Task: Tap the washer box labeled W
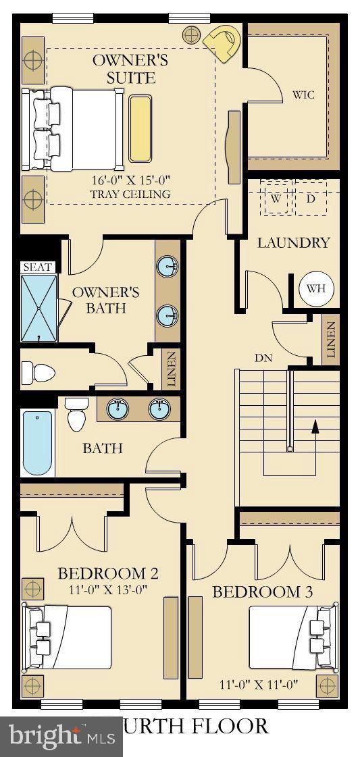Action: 277,198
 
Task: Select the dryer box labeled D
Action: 311,198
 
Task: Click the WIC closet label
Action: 303,95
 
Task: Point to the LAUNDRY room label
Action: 294,242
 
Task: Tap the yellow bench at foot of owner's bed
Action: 140,128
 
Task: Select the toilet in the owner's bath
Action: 37,371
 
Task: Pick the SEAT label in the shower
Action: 37,267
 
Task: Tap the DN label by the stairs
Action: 263,358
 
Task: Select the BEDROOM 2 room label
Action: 108,574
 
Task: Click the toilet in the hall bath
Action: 76,414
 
